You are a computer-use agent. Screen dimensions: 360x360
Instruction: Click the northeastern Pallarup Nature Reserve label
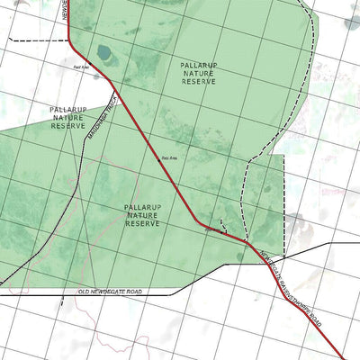point(198,73)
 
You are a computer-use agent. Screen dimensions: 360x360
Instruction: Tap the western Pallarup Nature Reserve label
point(67,117)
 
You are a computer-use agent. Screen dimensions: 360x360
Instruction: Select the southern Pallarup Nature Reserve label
point(143,215)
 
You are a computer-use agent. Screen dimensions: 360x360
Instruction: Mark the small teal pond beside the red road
point(104,52)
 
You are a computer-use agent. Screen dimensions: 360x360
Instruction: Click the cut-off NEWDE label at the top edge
point(66,9)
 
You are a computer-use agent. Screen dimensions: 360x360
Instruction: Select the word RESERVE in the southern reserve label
point(143,223)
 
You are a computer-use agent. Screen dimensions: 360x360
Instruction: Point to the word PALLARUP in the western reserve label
point(67,109)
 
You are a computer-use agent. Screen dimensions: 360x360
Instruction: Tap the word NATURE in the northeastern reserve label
point(198,73)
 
